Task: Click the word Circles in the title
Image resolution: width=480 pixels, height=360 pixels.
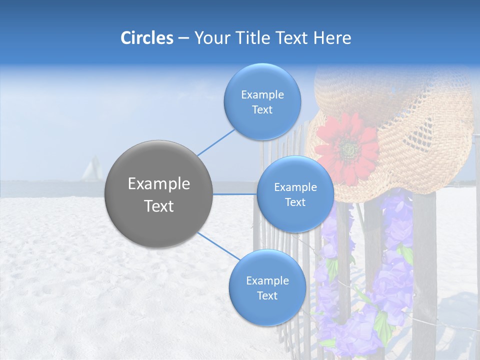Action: coord(147,38)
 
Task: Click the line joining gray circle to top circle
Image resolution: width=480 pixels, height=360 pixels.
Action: coord(216,142)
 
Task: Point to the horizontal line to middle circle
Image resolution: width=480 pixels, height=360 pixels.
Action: coord(235,194)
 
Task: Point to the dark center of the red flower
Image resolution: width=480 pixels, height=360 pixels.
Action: coord(348,148)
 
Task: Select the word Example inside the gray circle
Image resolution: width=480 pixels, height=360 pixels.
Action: coord(158,184)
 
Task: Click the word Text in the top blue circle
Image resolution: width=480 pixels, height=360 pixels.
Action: coord(262,110)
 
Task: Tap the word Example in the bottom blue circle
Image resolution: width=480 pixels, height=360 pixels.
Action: coord(267,280)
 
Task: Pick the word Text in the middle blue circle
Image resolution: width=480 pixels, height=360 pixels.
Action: coord(295,202)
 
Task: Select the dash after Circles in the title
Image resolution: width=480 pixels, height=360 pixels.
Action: coord(183,38)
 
